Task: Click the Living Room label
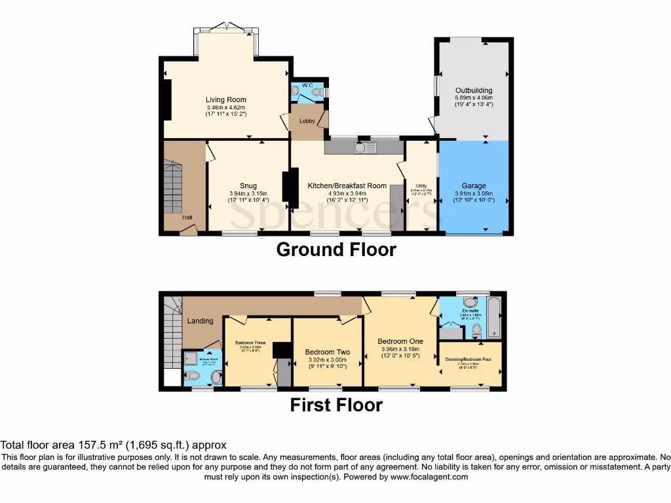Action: click(x=225, y=100)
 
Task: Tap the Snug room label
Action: click(x=248, y=185)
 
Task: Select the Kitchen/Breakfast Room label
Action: click(x=347, y=185)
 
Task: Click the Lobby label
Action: click(x=307, y=121)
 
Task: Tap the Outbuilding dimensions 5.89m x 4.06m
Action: click(x=474, y=98)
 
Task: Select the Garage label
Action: click(x=474, y=185)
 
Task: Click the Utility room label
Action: click(x=421, y=186)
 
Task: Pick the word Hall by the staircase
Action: click(x=187, y=217)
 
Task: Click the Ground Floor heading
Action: click(x=336, y=250)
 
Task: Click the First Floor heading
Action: click(x=336, y=405)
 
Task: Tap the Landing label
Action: click(x=201, y=321)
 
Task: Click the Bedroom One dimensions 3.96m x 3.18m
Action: click(x=400, y=349)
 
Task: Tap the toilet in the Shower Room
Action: click(x=193, y=376)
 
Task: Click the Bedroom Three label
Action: click(x=250, y=342)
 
